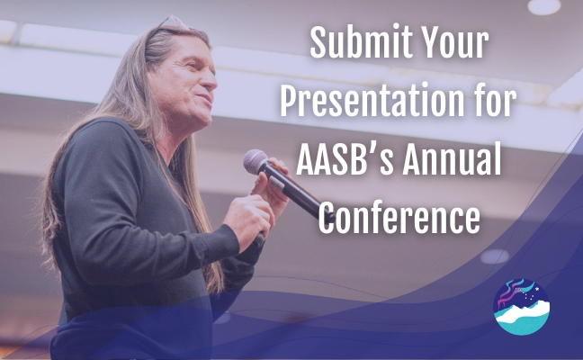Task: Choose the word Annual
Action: (452, 158)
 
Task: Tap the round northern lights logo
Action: (521, 306)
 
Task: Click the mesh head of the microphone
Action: (255, 161)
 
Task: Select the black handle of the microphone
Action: (298, 193)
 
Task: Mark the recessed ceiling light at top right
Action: (544, 6)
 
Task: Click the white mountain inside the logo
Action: (522, 312)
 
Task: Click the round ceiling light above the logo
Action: (494, 256)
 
